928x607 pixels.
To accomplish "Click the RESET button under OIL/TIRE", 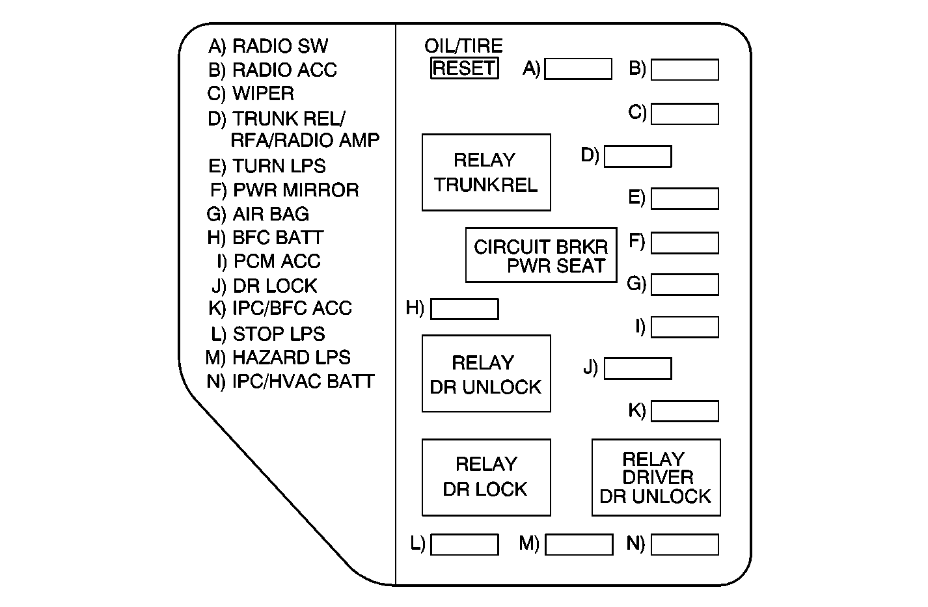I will coord(465,68).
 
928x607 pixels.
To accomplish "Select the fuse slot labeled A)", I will coord(578,69).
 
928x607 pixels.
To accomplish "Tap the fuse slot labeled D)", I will coord(638,157).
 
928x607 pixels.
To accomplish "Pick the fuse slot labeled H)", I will coord(465,309).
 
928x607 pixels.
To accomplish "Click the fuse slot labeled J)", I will coord(638,368).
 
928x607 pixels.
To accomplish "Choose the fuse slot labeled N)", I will coord(685,545).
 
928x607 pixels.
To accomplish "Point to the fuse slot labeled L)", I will coord(465,545).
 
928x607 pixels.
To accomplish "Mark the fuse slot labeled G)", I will coord(685,284).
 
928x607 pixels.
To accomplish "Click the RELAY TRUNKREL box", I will coord(486,172).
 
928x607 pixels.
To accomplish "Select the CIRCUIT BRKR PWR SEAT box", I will coord(541,255).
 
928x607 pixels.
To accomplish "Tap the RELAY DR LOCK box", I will coord(486,477).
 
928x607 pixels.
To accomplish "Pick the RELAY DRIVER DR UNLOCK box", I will coord(656,477).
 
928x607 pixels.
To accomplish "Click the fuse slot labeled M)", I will coord(579,545).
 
